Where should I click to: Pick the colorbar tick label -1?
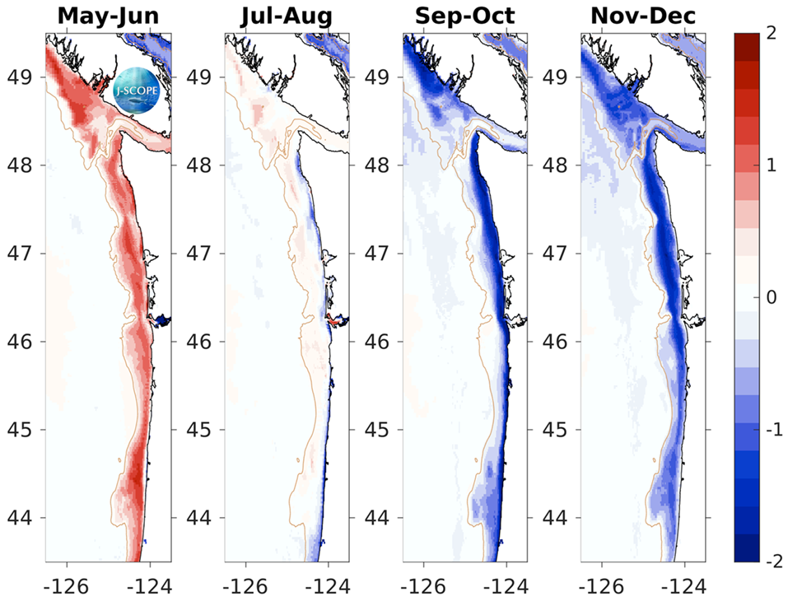pyautogui.click(x=770, y=429)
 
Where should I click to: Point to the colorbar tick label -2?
pyautogui.click(x=770, y=561)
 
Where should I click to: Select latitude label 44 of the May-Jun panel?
pyautogui.click(x=20, y=518)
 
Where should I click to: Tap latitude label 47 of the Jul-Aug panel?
pyautogui.click(x=198, y=254)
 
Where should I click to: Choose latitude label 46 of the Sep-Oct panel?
pyautogui.click(x=378, y=342)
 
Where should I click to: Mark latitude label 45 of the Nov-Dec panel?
pyautogui.click(x=557, y=430)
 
